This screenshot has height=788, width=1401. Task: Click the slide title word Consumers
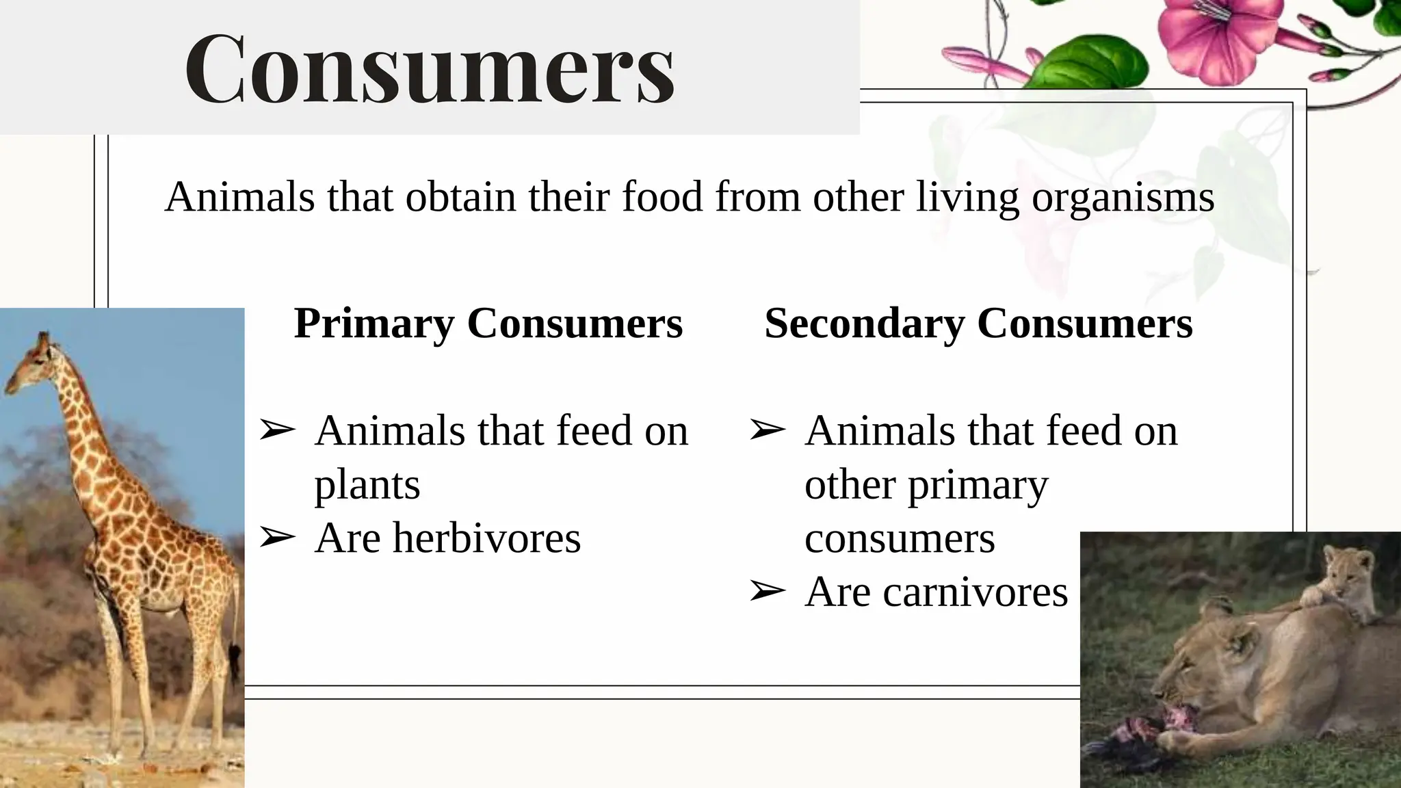(x=430, y=69)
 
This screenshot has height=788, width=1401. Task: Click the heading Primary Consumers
(x=488, y=323)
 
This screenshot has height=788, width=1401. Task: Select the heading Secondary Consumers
(x=978, y=323)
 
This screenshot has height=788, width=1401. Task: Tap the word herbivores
(x=486, y=538)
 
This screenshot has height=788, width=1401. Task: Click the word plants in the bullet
(x=367, y=485)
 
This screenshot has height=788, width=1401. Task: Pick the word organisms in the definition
(x=1123, y=198)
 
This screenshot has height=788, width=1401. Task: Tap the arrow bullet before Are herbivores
(x=277, y=538)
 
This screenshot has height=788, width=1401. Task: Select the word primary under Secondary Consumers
(x=978, y=485)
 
